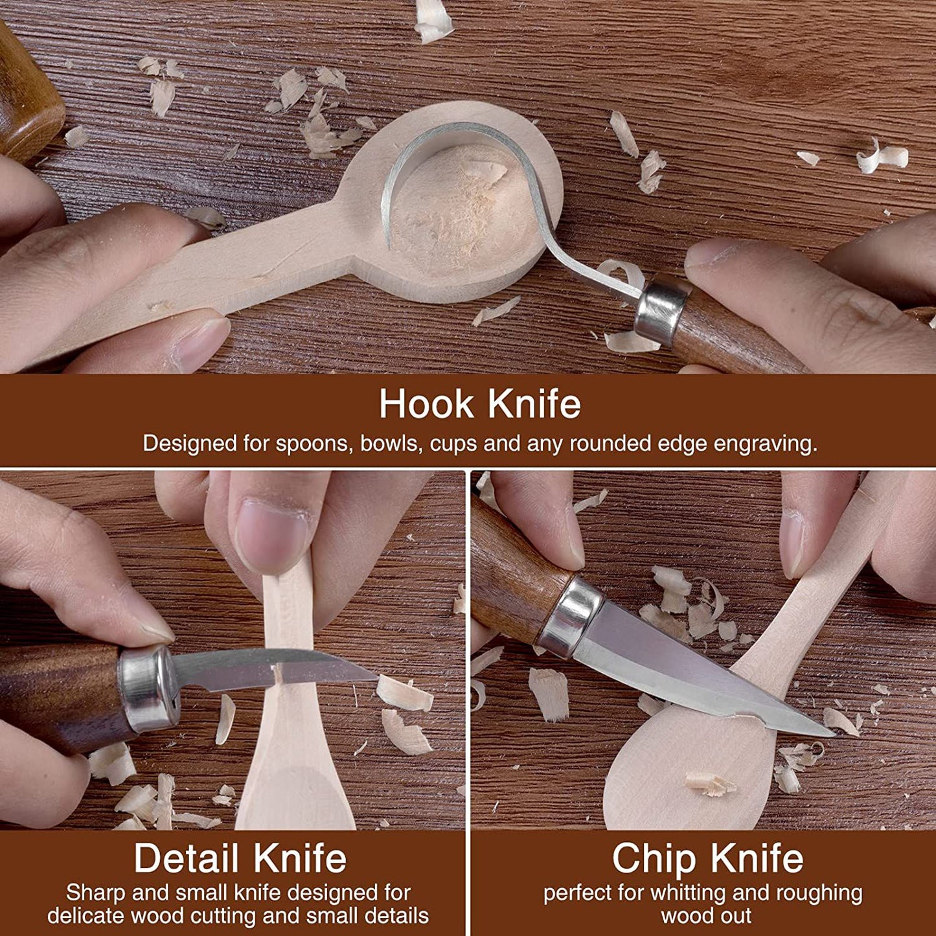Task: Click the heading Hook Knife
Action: tap(479, 404)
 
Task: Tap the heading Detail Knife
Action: tap(240, 858)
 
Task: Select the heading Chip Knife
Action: tap(708, 858)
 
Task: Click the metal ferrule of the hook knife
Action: tap(662, 310)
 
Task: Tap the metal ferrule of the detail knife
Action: tap(148, 689)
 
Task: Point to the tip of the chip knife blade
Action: tap(832, 735)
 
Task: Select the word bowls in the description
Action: tap(391, 444)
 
